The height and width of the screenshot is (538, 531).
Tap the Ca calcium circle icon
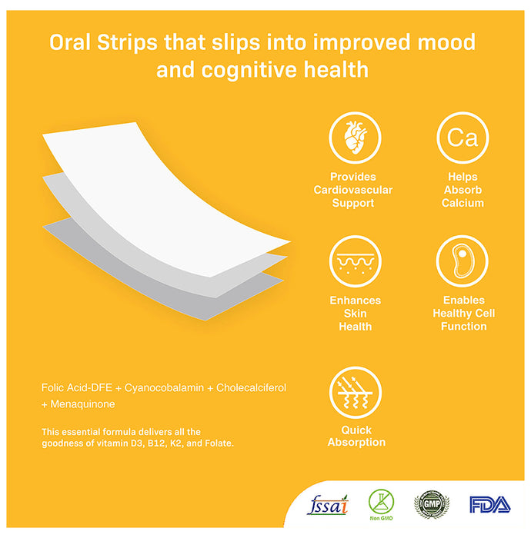pos(463,138)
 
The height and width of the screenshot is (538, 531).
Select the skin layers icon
pos(355,261)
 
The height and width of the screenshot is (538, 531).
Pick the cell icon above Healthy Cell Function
pos(463,261)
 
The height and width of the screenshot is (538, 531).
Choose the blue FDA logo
pos(489,505)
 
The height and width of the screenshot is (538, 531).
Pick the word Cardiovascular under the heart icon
pos(353,190)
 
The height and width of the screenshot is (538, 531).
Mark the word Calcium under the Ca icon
pos(463,203)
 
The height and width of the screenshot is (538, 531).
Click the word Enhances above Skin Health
pos(355,300)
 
